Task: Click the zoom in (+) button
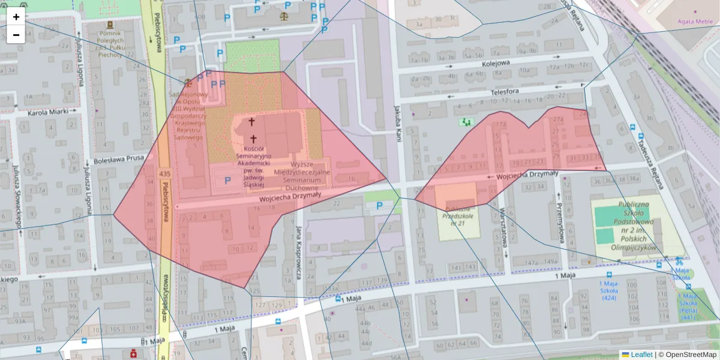(x=16, y=17)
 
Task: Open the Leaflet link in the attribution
(x=641, y=355)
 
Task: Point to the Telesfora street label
(x=504, y=91)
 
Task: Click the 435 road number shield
(x=164, y=173)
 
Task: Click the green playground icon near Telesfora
(x=466, y=122)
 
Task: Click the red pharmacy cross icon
(x=132, y=354)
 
